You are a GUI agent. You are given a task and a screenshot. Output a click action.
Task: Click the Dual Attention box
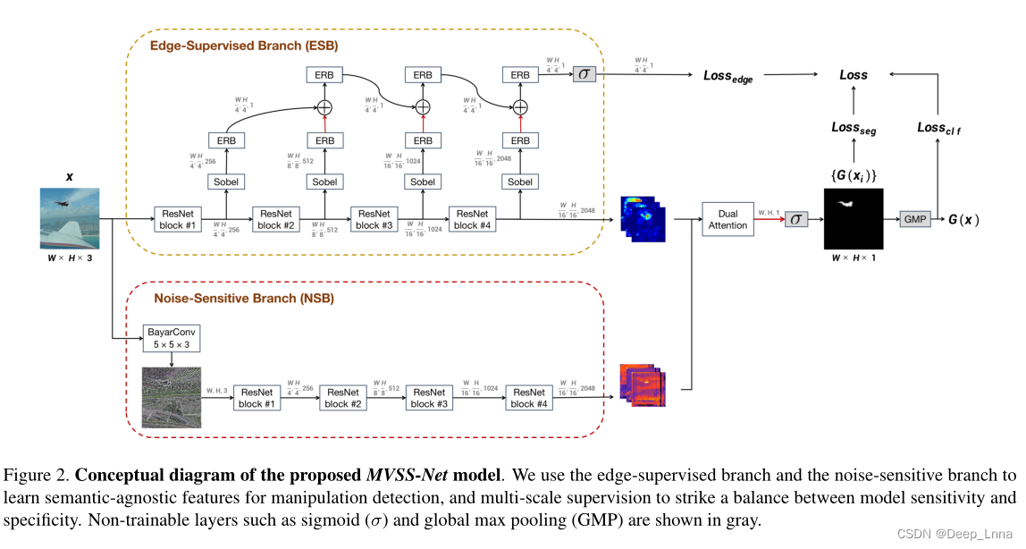pyautogui.click(x=727, y=219)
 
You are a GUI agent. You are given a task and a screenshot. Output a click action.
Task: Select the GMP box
pyautogui.click(x=914, y=219)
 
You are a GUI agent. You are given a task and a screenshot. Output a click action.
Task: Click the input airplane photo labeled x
pyautogui.click(x=70, y=218)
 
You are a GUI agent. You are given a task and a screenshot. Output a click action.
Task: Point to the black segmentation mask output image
pyautogui.click(x=853, y=218)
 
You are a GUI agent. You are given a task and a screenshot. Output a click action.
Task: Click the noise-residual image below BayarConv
pyautogui.click(x=171, y=397)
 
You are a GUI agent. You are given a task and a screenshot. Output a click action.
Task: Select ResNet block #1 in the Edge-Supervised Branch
pyautogui.click(x=179, y=219)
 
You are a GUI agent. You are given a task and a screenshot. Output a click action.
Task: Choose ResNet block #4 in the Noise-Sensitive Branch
pyautogui.click(x=529, y=398)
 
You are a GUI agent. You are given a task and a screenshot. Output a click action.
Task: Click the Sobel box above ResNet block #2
pyautogui.click(x=324, y=182)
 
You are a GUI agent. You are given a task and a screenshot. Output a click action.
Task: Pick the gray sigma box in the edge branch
pyautogui.click(x=584, y=74)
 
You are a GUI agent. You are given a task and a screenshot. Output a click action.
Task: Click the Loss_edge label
pyautogui.click(x=727, y=78)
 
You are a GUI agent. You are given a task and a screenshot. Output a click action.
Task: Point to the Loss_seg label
pyautogui.click(x=853, y=128)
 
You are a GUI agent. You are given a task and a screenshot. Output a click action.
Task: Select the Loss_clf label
pyautogui.click(x=938, y=128)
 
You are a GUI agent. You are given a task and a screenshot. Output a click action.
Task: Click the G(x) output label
pyautogui.click(x=963, y=219)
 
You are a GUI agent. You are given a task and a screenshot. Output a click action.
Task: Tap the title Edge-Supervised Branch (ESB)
pyautogui.click(x=243, y=45)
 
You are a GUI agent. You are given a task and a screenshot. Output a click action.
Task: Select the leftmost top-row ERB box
pyautogui.click(x=324, y=74)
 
